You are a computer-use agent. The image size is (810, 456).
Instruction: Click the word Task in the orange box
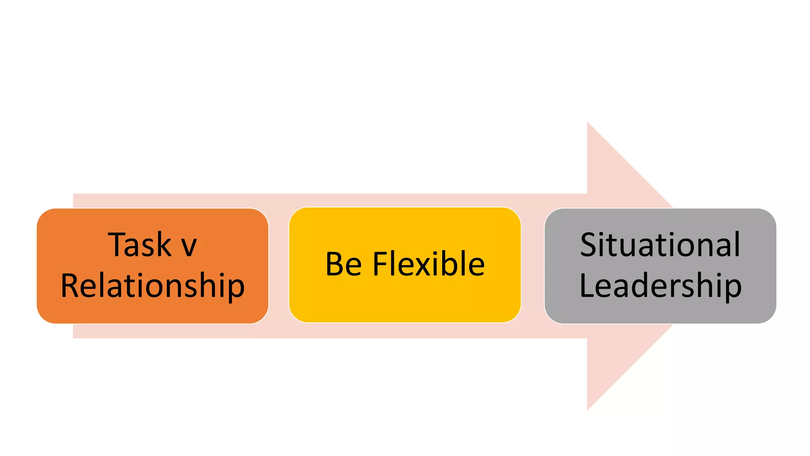(139, 245)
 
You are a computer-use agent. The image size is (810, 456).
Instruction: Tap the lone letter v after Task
(189, 247)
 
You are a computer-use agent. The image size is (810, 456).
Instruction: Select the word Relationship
(153, 286)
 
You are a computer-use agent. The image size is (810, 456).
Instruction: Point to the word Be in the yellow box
(343, 264)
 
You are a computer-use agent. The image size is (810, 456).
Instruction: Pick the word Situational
(660, 245)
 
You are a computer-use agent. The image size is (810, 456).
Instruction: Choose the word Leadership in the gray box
(660, 286)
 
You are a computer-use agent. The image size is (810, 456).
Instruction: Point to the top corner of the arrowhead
(588, 123)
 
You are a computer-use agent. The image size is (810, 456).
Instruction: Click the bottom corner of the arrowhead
(588, 409)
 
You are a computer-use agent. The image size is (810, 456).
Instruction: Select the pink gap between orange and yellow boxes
(279, 265)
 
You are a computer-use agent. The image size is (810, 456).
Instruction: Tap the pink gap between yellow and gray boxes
(533, 265)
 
